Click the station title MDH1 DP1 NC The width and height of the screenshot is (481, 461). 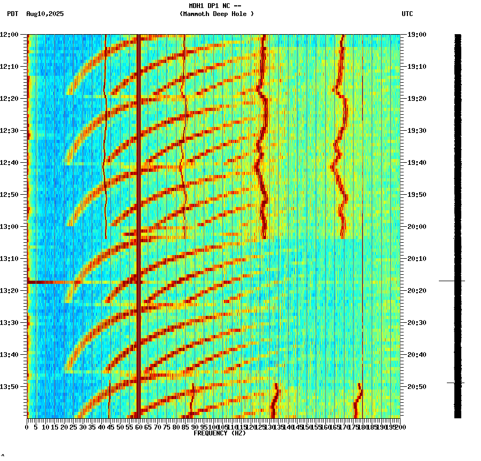pyautogui.click(x=212, y=5)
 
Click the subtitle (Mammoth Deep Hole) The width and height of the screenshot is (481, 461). pyautogui.click(x=217, y=14)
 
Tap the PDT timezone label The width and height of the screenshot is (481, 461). pyautogui.click(x=12, y=14)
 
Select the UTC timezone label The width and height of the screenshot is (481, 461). pyautogui.click(x=407, y=14)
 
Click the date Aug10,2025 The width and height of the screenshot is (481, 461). pyautogui.click(x=45, y=14)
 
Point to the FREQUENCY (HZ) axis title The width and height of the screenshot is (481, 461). pyautogui.click(x=220, y=433)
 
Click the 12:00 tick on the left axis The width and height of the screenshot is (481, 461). pyautogui.click(x=9, y=35)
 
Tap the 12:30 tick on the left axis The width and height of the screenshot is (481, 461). pyautogui.click(x=9, y=131)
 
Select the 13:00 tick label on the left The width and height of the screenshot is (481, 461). pyautogui.click(x=9, y=227)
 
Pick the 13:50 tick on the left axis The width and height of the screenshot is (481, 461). pyautogui.click(x=9, y=386)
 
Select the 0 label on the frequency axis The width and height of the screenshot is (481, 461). pyautogui.click(x=27, y=427)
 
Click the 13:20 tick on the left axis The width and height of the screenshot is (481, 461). pyautogui.click(x=9, y=291)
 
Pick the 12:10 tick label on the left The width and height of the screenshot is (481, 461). pyautogui.click(x=9, y=67)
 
